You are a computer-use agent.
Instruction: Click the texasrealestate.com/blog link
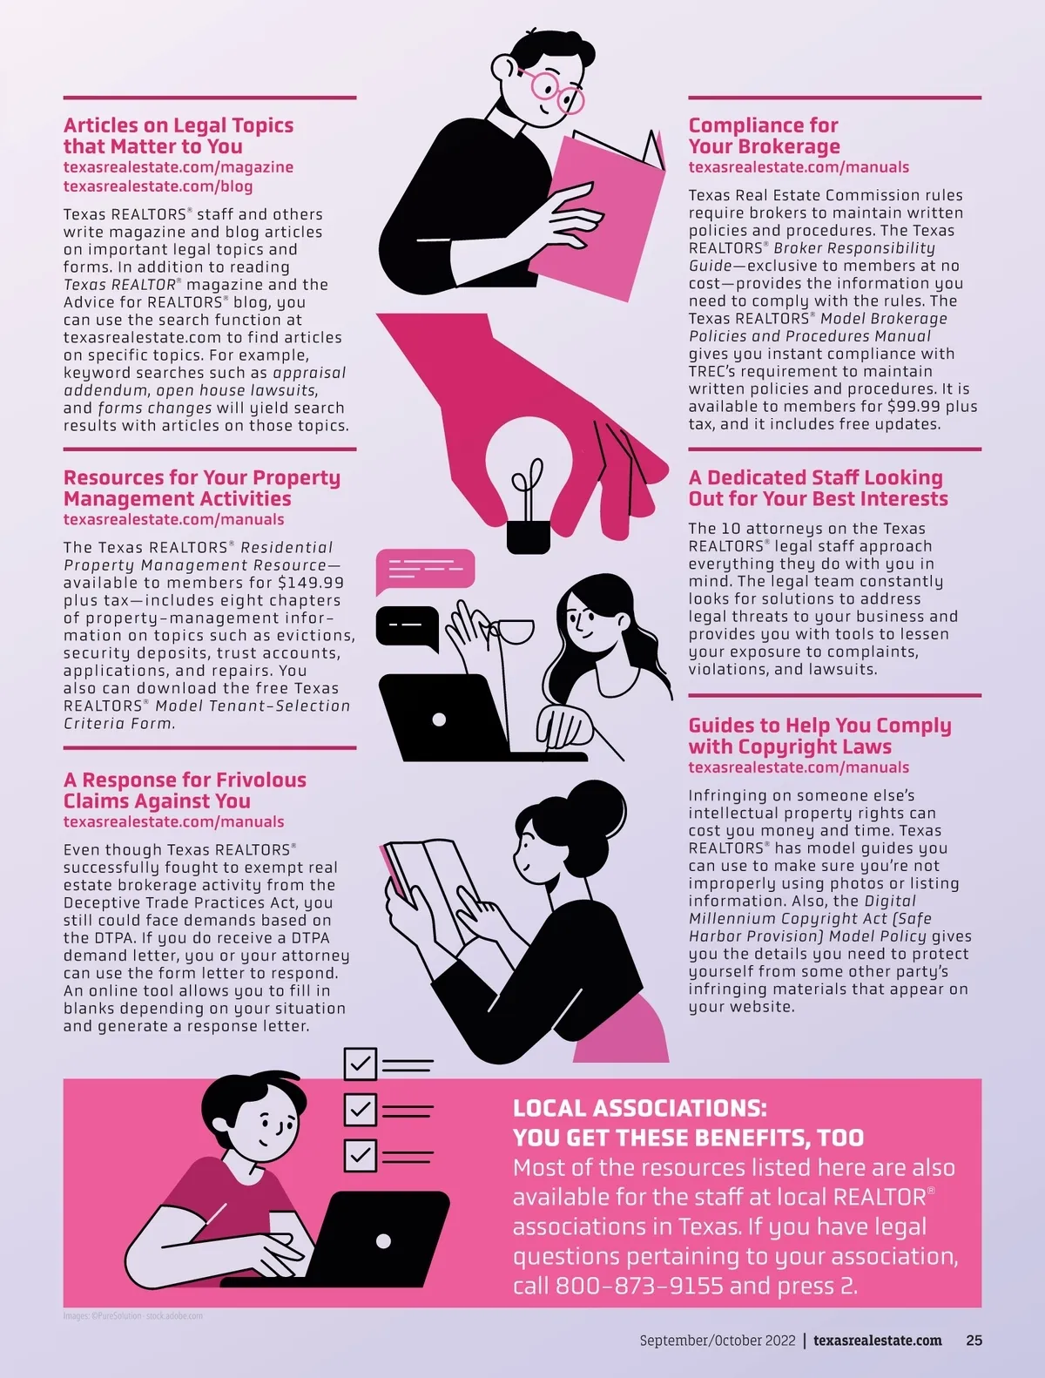(x=158, y=186)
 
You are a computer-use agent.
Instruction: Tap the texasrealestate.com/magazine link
(x=179, y=167)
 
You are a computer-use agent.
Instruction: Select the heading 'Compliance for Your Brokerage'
(x=764, y=136)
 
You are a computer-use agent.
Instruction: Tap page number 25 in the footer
(x=974, y=1341)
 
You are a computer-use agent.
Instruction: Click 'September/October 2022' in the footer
(x=718, y=1341)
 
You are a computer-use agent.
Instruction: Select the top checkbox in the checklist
(x=361, y=1064)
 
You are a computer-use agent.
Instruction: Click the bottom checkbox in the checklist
(x=361, y=1155)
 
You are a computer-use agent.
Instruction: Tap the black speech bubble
(x=408, y=628)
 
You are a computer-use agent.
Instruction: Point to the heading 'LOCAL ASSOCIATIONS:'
(x=639, y=1108)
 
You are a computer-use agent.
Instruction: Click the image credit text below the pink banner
(x=133, y=1316)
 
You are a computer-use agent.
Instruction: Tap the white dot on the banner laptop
(x=383, y=1240)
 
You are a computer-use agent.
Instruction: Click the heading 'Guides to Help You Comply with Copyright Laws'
(x=819, y=736)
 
